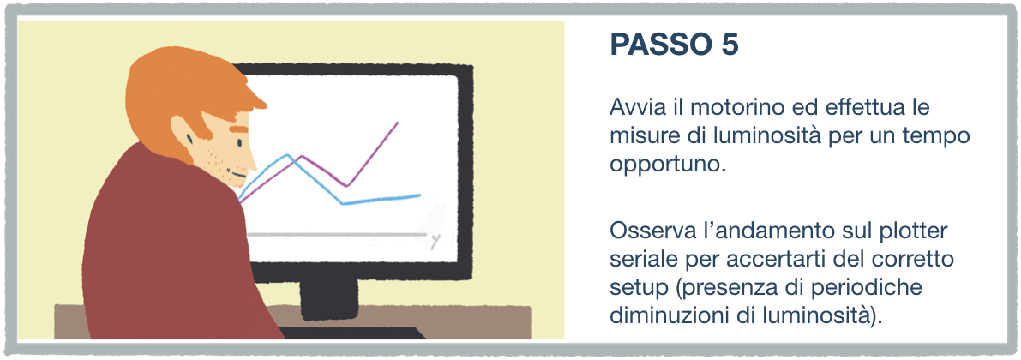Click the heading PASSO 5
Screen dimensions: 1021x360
click(x=674, y=46)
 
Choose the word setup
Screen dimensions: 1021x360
click(x=633, y=288)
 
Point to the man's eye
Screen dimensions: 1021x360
click(x=189, y=139)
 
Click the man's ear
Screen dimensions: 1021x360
click(x=183, y=133)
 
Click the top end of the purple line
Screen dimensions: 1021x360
click(x=398, y=122)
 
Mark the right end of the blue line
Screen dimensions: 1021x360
click(x=420, y=195)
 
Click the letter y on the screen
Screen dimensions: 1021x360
click(x=435, y=242)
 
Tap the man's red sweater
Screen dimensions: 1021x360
click(x=176, y=254)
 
